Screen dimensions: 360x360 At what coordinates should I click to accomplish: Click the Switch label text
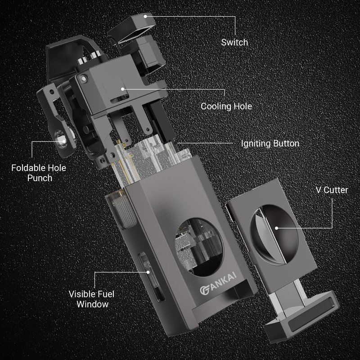click(234, 42)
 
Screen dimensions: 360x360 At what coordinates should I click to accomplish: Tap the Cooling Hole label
click(226, 106)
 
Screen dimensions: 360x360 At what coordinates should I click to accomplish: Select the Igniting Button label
click(270, 144)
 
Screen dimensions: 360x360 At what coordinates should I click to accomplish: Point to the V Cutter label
click(332, 190)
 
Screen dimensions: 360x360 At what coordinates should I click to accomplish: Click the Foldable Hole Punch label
click(39, 173)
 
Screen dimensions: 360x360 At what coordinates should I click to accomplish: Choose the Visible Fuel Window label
click(92, 299)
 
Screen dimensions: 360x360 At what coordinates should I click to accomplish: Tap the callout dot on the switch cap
click(145, 16)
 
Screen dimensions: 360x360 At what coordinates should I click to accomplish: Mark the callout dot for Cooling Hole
click(123, 89)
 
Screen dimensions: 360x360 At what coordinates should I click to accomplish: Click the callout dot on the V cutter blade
click(277, 228)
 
